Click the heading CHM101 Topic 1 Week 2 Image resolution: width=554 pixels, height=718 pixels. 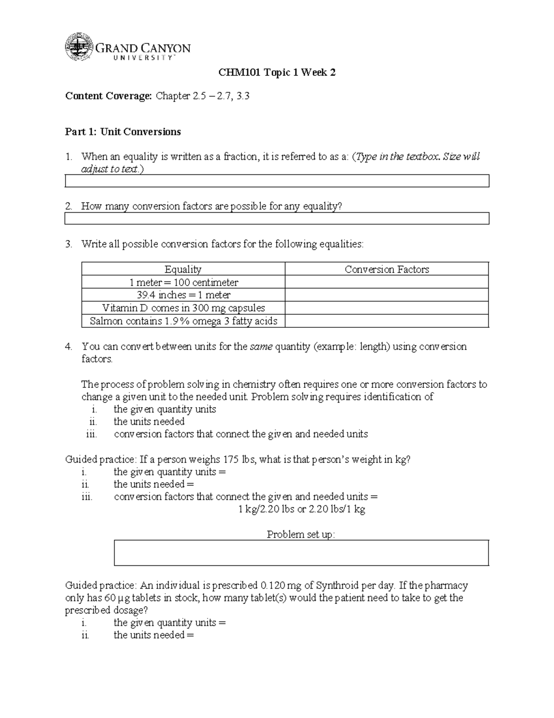click(x=277, y=73)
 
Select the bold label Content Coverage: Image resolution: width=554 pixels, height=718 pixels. click(x=108, y=96)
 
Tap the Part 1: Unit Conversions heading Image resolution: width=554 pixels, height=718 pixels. click(x=123, y=132)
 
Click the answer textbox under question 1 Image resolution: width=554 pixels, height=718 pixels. click(x=277, y=181)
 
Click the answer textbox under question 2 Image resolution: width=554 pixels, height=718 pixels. click(x=277, y=218)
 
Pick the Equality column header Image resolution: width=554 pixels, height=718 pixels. click(x=183, y=269)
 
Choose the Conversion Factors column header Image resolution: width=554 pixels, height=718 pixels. click(x=386, y=269)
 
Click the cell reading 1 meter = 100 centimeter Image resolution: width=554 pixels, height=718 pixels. click(x=183, y=282)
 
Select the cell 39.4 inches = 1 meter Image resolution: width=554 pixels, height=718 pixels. click(x=183, y=295)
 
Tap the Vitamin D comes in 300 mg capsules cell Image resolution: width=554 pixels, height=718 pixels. click(x=183, y=308)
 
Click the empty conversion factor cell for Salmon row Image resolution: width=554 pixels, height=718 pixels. click(x=386, y=321)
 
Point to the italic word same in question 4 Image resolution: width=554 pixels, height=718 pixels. click(x=261, y=347)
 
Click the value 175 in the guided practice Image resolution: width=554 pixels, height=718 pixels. click(x=231, y=460)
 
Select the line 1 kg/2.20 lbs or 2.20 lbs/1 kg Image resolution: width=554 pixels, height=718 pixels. click(x=301, y=509)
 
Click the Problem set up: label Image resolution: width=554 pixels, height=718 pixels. click(x=301, y=534)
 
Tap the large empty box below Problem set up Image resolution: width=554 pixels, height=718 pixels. click(x=301, y=553)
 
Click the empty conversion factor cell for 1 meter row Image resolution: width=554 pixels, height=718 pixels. click(x=386, y=282)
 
